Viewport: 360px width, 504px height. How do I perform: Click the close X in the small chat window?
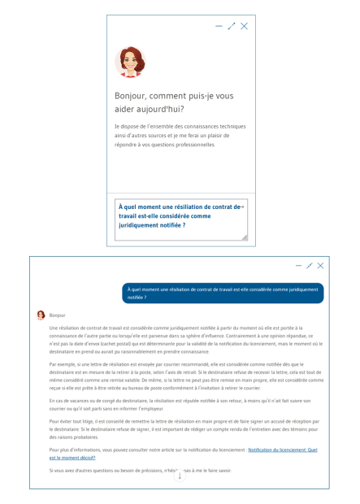coord(245,26)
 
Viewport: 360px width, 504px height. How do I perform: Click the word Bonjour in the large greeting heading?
coord(132,96)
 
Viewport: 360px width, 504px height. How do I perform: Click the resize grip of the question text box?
coord(244,237)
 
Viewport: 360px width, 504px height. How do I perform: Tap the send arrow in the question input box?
coord(242,206)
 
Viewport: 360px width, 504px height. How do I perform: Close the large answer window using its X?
coord(321,266)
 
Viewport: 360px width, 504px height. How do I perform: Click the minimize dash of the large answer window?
coord(298,266)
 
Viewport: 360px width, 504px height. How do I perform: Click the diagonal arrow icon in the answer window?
coord(310,266)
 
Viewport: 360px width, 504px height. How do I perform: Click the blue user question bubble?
coord(223,293)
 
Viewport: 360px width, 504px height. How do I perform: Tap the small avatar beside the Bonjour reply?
coord(41,315)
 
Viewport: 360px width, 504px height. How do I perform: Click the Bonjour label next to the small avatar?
coord(57,315)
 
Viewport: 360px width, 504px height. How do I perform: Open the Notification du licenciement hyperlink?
coord(282,450)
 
